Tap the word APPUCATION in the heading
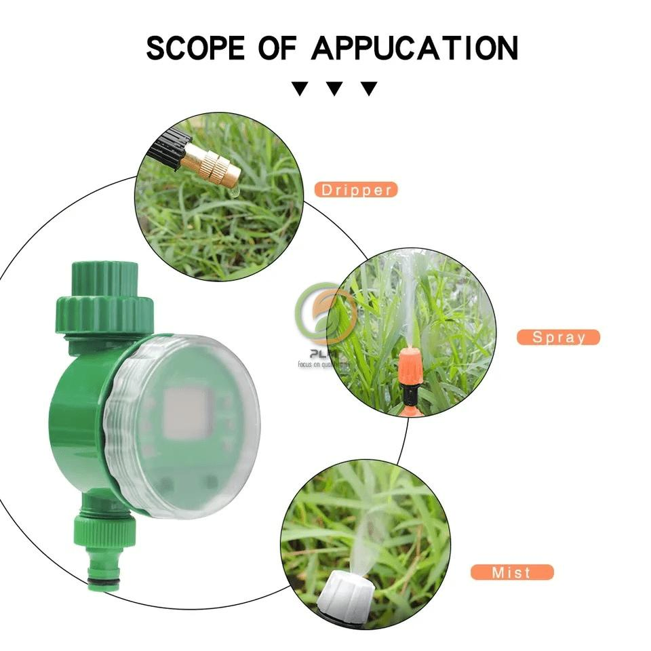point(414,48)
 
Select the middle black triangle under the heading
point(334,88)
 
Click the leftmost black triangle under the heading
point(299,88)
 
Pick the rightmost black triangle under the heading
point(368,88)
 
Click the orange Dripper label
point(355,190)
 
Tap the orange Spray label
point(558,337)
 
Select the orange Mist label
point(512,572)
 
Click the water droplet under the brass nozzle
point(233,193)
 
